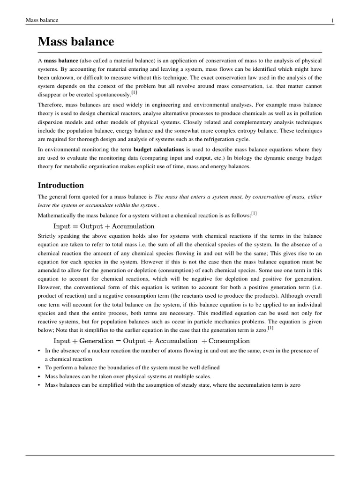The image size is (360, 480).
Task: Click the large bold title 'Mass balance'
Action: (76, 42)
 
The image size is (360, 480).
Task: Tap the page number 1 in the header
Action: (332, 20)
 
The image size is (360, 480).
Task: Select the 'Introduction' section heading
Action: (61, 185)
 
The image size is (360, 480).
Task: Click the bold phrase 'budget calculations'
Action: (159, 149)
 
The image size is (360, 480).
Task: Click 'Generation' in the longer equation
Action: (97, 341)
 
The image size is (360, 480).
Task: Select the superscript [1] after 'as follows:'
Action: (254, 213)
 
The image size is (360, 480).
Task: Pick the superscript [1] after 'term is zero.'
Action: (270, 328)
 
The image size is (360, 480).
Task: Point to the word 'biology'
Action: (240, 158)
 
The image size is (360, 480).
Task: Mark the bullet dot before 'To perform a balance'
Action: (39, 368)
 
